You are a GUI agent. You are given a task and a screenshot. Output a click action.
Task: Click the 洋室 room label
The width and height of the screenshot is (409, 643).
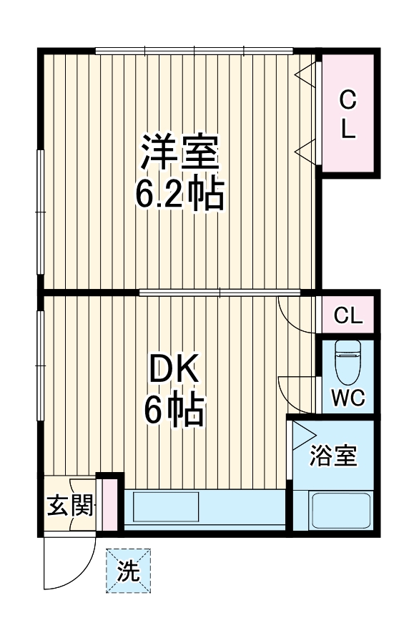pyautogui.click(x=179, y=152)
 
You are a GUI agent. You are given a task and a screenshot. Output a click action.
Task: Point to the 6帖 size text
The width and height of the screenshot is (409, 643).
pyautogui.click(x=174, y=412)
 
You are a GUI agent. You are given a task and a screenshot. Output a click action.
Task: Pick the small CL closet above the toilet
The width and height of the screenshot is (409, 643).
pyautogui.click(x=348, y=315)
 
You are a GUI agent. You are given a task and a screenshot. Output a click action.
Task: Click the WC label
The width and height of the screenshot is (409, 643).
pyautogui.click(x=348, y=398)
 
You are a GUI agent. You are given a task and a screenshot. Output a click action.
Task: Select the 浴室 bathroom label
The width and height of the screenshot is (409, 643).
pyautogui.click(x=333, y=456)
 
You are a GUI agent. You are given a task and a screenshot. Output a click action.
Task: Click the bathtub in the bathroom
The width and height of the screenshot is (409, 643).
pyautogui.click(x=339, y=511)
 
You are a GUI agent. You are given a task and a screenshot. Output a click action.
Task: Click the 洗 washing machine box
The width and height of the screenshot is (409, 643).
pyautogui.click(x=129, y=570)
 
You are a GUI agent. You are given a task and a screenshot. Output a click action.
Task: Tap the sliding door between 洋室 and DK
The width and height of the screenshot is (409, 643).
pyautogui.click(x=219, y=292)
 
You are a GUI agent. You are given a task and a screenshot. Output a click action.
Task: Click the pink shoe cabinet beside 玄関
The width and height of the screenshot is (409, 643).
pyautogui.click(x=110, y=504)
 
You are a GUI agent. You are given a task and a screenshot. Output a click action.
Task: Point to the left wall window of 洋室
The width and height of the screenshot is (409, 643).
pyautogui.click(x=41, y=210)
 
